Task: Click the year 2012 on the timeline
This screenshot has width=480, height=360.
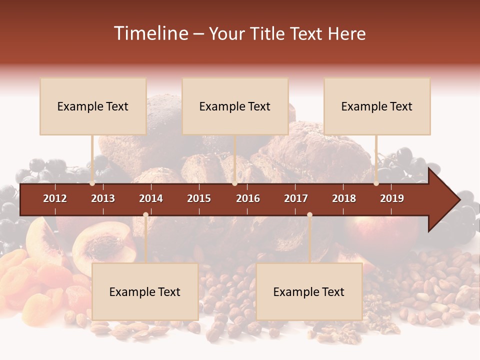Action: [x=55, y=198]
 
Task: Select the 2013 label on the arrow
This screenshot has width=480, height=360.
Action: [x=103, y=198]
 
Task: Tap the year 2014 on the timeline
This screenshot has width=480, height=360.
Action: [x=151, y=198]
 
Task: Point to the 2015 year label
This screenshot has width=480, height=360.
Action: [x=199, y=198]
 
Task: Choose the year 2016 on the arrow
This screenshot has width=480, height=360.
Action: [x=248, y=198]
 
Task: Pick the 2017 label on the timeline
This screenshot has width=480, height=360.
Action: [x=296, y=198]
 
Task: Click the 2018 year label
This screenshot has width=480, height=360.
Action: [x=344, y=198]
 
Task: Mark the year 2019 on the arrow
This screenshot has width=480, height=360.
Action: [x=392, y=198]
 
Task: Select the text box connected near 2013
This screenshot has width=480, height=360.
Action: [x=93, y=106]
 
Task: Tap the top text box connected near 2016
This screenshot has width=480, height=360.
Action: [x=235, y=106]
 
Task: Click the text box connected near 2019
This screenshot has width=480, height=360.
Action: [x=377, y=106]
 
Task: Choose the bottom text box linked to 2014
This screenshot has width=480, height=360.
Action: [x=145, y=292]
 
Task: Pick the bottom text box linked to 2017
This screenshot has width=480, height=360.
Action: [x=309, y=292]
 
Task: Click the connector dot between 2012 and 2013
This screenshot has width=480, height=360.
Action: [x=92, y=183]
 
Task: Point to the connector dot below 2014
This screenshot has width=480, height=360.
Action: [x=145, y=214]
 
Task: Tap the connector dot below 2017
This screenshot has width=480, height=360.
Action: [x=309, y=214]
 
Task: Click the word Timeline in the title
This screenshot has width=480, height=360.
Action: [x=150, y=33]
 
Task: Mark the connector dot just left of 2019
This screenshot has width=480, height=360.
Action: [x=376, y=183]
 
